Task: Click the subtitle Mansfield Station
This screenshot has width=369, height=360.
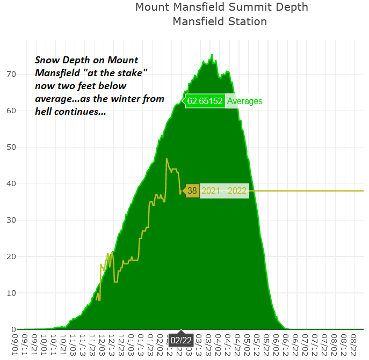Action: pos(220,21)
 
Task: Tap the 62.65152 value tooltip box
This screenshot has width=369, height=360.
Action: pos(205,101)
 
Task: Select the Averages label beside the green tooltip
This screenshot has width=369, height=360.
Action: pos(244,101)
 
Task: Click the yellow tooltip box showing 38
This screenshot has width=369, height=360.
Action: pos(192,190)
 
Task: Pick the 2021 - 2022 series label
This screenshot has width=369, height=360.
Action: pos(224,190)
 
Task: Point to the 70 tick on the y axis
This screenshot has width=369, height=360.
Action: pos(11,74)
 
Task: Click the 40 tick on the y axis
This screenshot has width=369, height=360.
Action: pos(11,183)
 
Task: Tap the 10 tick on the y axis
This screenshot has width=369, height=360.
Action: pos(11,293)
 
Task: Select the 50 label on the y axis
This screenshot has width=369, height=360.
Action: pos(11,147)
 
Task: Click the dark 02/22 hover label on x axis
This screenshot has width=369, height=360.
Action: pos(181,340)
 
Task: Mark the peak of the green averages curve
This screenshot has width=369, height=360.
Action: pos(212,55)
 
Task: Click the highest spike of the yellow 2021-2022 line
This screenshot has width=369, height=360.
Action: pos(167,158)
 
